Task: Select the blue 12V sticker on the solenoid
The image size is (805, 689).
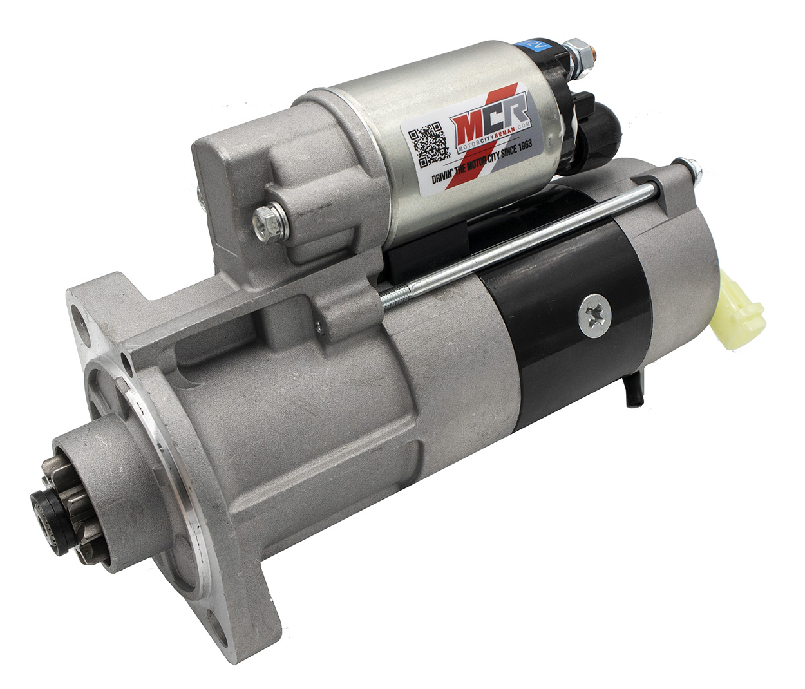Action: (x=534, y=46)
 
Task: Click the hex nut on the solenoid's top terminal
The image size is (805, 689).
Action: (x=576, y=48)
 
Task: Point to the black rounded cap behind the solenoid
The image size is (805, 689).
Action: (x=591, y=129)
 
